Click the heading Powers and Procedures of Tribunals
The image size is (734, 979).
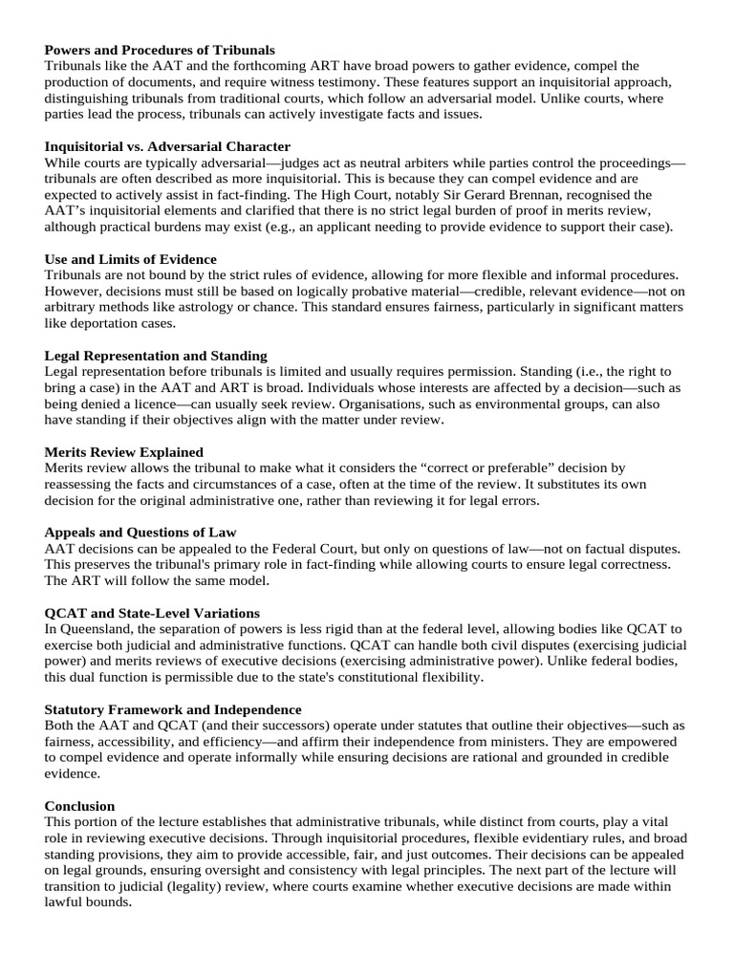(x=160, y=50)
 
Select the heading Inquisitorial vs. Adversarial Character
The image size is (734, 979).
(x=167, y=146)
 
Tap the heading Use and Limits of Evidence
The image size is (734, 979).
(x=131, y=259)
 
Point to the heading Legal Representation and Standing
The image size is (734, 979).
(x=156, y=356)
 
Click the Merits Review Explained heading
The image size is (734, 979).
(x=124, y=451)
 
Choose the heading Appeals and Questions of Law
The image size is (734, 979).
(x=140, y=532)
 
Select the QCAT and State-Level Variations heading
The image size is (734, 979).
(x=152, y=612)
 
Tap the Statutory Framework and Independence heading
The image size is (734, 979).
(x=173, y=709)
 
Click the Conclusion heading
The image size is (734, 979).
(x=79, y=806)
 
